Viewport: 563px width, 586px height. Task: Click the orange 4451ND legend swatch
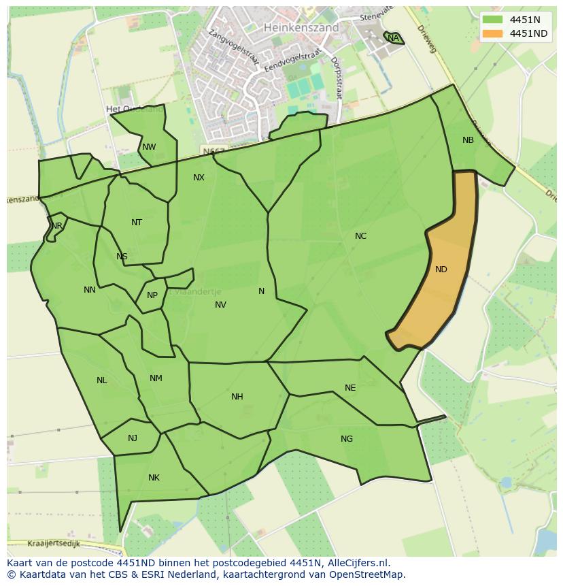494,33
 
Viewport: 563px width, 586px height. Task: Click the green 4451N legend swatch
494,20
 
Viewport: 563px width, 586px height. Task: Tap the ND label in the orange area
441,270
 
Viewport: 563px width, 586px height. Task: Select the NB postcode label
468,140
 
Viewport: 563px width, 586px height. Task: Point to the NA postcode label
394,38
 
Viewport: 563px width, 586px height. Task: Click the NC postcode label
360,236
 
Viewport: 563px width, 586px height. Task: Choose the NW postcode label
149,147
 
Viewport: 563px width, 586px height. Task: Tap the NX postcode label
199,178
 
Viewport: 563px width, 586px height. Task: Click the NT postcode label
137,223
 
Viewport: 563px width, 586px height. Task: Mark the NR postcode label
57,226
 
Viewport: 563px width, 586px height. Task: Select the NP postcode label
152,295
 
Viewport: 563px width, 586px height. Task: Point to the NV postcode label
220,305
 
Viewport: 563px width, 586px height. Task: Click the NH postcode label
237,397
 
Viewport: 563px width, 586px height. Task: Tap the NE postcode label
350,388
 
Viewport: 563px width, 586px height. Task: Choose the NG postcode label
347,439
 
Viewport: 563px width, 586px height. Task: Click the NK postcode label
154,478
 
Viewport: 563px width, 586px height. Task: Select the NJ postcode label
133,438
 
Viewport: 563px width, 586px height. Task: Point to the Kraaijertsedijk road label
54,544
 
